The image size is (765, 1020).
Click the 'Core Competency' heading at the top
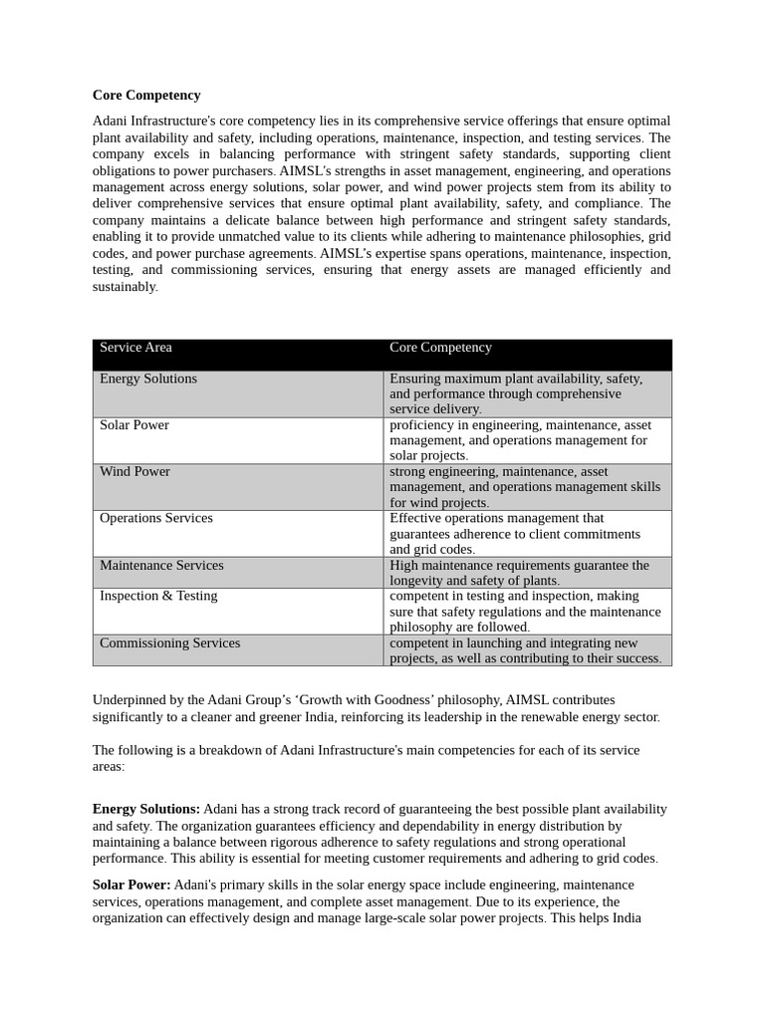pyautogui.click(x=146, y=96)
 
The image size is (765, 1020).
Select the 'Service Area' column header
pyautogui.click(x=135, y=348)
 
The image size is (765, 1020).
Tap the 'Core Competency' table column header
pyautogui.click(x=440, y=348)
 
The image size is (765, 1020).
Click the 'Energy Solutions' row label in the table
pyautogui.click(x=148, y=379)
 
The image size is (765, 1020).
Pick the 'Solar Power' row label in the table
pyautogui.click(x=134, y=425)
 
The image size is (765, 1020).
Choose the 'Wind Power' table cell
pyautogui.click(x=134, y=472)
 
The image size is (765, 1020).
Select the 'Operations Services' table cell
pyautogui.click(x=156, y=518)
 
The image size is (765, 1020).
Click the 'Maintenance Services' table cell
pyautogui.click(x=161, y=566)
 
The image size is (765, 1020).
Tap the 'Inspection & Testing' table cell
pyautogui.click(x=158, y=596)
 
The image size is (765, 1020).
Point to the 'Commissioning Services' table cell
pyautogui.click(x=169, y=643)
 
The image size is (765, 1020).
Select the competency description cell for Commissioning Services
pyautogui.click(x=525, y=650)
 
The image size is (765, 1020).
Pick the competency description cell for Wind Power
pyautogui.click(x=525, y=487)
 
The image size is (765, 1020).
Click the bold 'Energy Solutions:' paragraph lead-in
pyautogui.click(x=146, y=809)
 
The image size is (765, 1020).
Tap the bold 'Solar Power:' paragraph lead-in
pyautogui.click(x=131, y=885)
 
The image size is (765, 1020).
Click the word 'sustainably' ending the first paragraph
pyautogui.click(x=125, y=287)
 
